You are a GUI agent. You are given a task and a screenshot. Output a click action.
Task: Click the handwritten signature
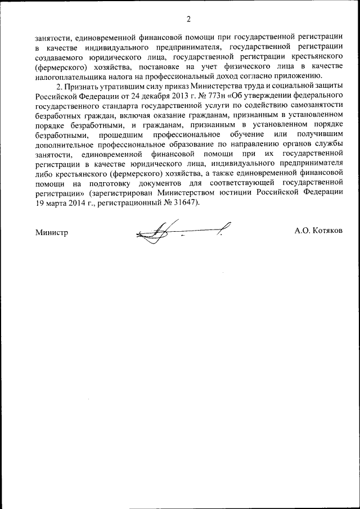tap(180, 231)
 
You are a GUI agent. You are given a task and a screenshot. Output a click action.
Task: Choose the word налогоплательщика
tap(69, 75)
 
